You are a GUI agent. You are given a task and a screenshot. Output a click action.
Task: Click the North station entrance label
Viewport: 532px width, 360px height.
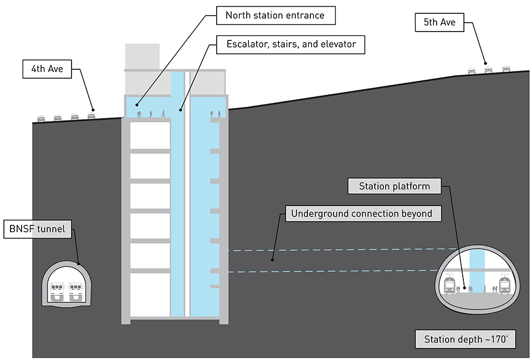[275, 15]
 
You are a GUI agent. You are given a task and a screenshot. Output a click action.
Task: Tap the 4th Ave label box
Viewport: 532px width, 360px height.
[47, 69]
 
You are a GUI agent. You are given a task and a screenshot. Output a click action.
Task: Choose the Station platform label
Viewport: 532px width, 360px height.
[394, 186]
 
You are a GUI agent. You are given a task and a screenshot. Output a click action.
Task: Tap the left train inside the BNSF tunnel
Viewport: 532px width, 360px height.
[58, 291]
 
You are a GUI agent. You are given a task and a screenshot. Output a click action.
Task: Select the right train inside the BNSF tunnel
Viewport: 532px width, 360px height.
[78, 291]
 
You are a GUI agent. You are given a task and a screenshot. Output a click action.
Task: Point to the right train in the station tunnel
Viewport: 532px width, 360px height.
[504, 284]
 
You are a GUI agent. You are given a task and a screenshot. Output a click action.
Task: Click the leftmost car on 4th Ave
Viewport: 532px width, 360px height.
[41, 117]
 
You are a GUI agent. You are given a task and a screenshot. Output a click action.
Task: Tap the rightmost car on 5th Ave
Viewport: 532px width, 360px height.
[506, 69]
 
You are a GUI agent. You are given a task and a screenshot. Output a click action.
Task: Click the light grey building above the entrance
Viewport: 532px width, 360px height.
[142, 56]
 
